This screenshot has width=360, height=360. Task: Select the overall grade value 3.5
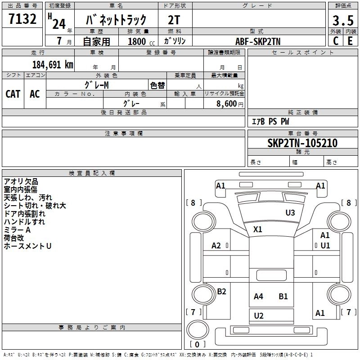click(342, 21)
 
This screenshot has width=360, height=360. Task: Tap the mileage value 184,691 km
click(53, 64)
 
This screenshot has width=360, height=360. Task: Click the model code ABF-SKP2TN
click(258, 41)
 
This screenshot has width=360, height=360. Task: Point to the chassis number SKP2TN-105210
click(302, 143)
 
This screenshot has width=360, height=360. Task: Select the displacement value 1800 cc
click(139, 41)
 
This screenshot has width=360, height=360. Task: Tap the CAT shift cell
click(13, 94)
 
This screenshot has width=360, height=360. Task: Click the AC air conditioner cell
click(35, 94)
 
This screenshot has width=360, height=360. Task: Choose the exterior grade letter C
click(335, 41)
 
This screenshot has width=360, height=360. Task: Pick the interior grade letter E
click(350, 41)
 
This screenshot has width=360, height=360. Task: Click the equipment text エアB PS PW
click(270, 121)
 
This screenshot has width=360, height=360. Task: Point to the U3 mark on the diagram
click(290, 212)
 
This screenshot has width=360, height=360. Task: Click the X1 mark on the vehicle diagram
click(257, 229)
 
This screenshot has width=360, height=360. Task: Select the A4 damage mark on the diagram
click(258, 296)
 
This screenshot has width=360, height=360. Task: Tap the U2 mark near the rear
click(259, 316)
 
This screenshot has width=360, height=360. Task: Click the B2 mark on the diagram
click(221, 292)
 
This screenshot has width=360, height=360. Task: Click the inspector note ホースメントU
click(27, 246)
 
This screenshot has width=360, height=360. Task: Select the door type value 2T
click(174, 20)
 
